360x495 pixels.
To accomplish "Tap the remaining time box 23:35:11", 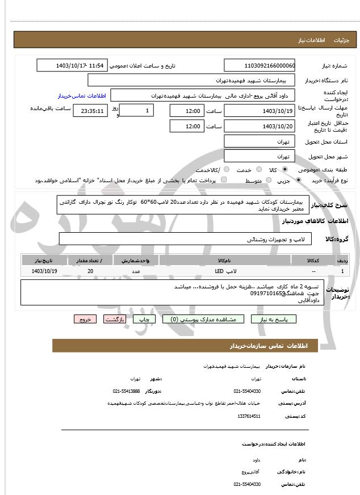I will coord(89,111).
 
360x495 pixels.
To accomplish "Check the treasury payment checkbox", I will coord(223,180).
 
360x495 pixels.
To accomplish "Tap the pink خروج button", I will coord(85,320).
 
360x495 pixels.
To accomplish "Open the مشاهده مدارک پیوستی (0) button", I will coord(203,320).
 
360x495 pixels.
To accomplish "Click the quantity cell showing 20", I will coord(90,271).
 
